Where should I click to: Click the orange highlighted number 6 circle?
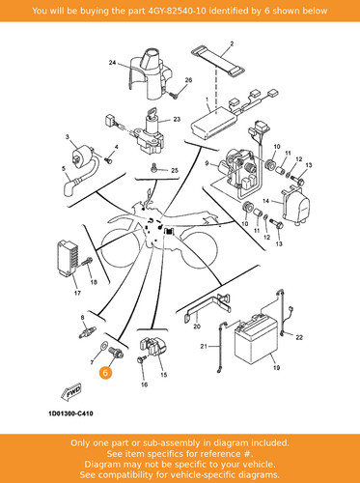tap(105, 373)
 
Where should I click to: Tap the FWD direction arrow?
tap(71, 392)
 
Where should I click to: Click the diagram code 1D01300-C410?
tap(70, 413)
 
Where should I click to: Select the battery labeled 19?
tap(256, 340)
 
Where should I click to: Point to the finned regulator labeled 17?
tap(68, 259)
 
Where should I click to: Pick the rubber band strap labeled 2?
tap(218, 62)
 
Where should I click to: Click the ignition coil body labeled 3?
tap(82, 156)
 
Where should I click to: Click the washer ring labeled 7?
tap(104, 346)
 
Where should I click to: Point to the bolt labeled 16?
tap(141, 359)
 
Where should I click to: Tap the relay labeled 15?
tap(153, 347)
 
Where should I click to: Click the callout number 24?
tap(112, 63)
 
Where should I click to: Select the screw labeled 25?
tap(153, 167)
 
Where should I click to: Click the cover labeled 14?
tap(296, 206)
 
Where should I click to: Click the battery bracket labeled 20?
tap(208, 307)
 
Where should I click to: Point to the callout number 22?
tap(299, 337)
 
